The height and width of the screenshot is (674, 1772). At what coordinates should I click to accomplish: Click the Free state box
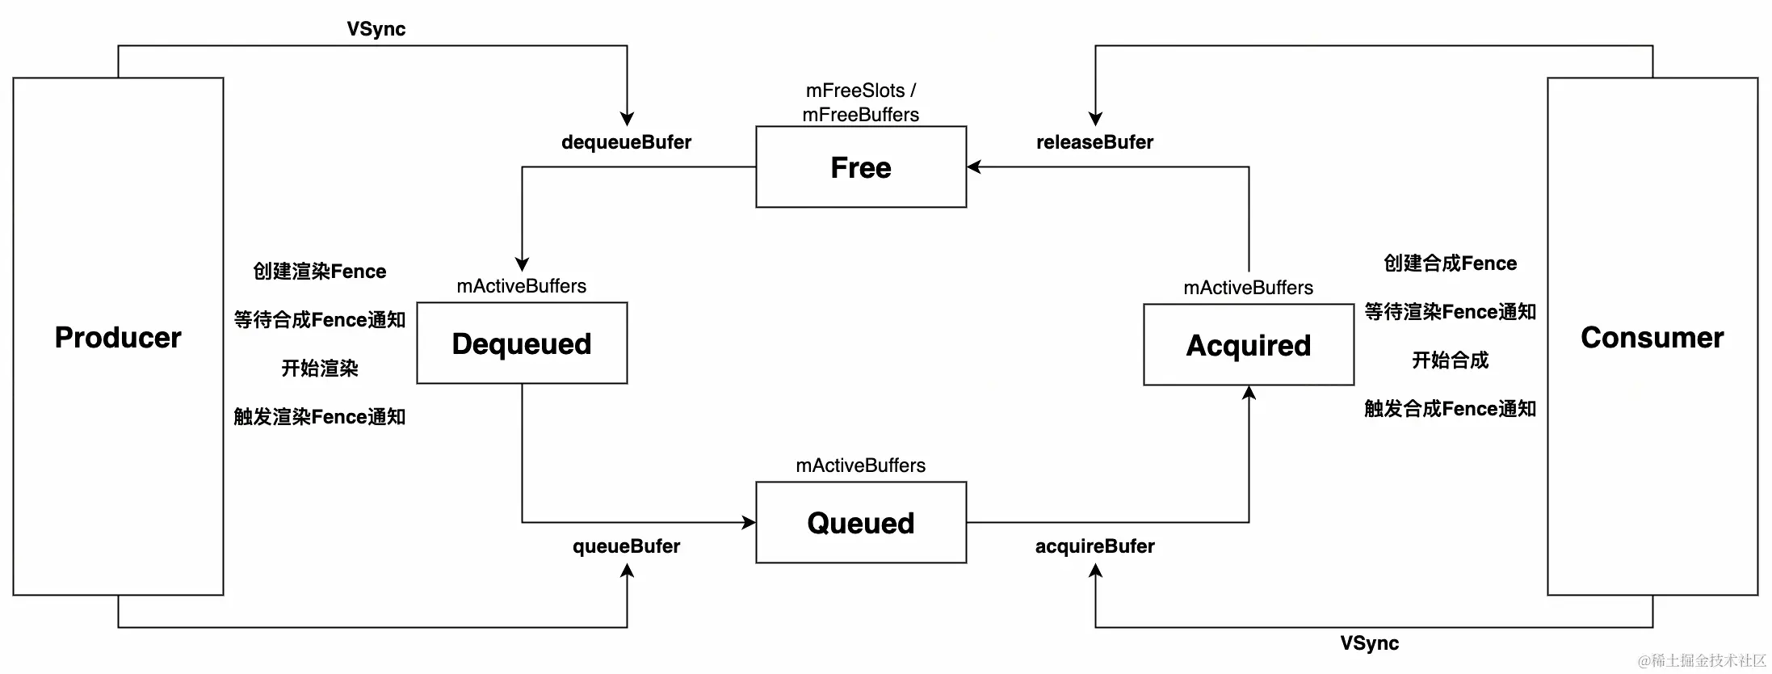point(861,167)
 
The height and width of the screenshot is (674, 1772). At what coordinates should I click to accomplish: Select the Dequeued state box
point(522,343)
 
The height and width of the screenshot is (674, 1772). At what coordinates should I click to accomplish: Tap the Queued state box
point(861,523)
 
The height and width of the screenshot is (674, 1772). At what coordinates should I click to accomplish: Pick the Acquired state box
point(1249,345)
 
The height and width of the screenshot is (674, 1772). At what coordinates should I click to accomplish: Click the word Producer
point(118,337)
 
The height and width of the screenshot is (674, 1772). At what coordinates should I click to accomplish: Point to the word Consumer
point(1652,337)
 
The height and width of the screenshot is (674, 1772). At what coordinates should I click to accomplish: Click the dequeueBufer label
point(626,142)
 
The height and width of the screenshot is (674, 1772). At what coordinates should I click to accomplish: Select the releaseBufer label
point(1094,142)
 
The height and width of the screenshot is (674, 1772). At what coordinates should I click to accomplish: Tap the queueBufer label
point(626,546)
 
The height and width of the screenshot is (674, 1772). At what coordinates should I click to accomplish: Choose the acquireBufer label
point(1094,546)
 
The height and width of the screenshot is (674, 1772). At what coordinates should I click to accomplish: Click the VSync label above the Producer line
point(376,29)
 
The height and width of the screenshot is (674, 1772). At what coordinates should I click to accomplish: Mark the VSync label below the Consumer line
point(1370,643)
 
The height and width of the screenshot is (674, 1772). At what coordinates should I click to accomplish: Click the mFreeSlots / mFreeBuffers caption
point(861,103)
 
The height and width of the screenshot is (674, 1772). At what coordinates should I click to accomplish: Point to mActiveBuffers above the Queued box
point(861,465)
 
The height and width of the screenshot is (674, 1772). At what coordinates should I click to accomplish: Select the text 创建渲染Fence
point(320,272)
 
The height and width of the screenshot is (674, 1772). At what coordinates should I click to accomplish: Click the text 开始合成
point(1450,360)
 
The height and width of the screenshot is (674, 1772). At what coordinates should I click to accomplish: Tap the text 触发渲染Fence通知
point(320,417)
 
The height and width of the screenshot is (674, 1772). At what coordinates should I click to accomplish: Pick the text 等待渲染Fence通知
point(1450,312)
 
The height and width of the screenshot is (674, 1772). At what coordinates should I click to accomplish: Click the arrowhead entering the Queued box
point(749,523)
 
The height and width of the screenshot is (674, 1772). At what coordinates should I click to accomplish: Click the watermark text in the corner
point(1702,660)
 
